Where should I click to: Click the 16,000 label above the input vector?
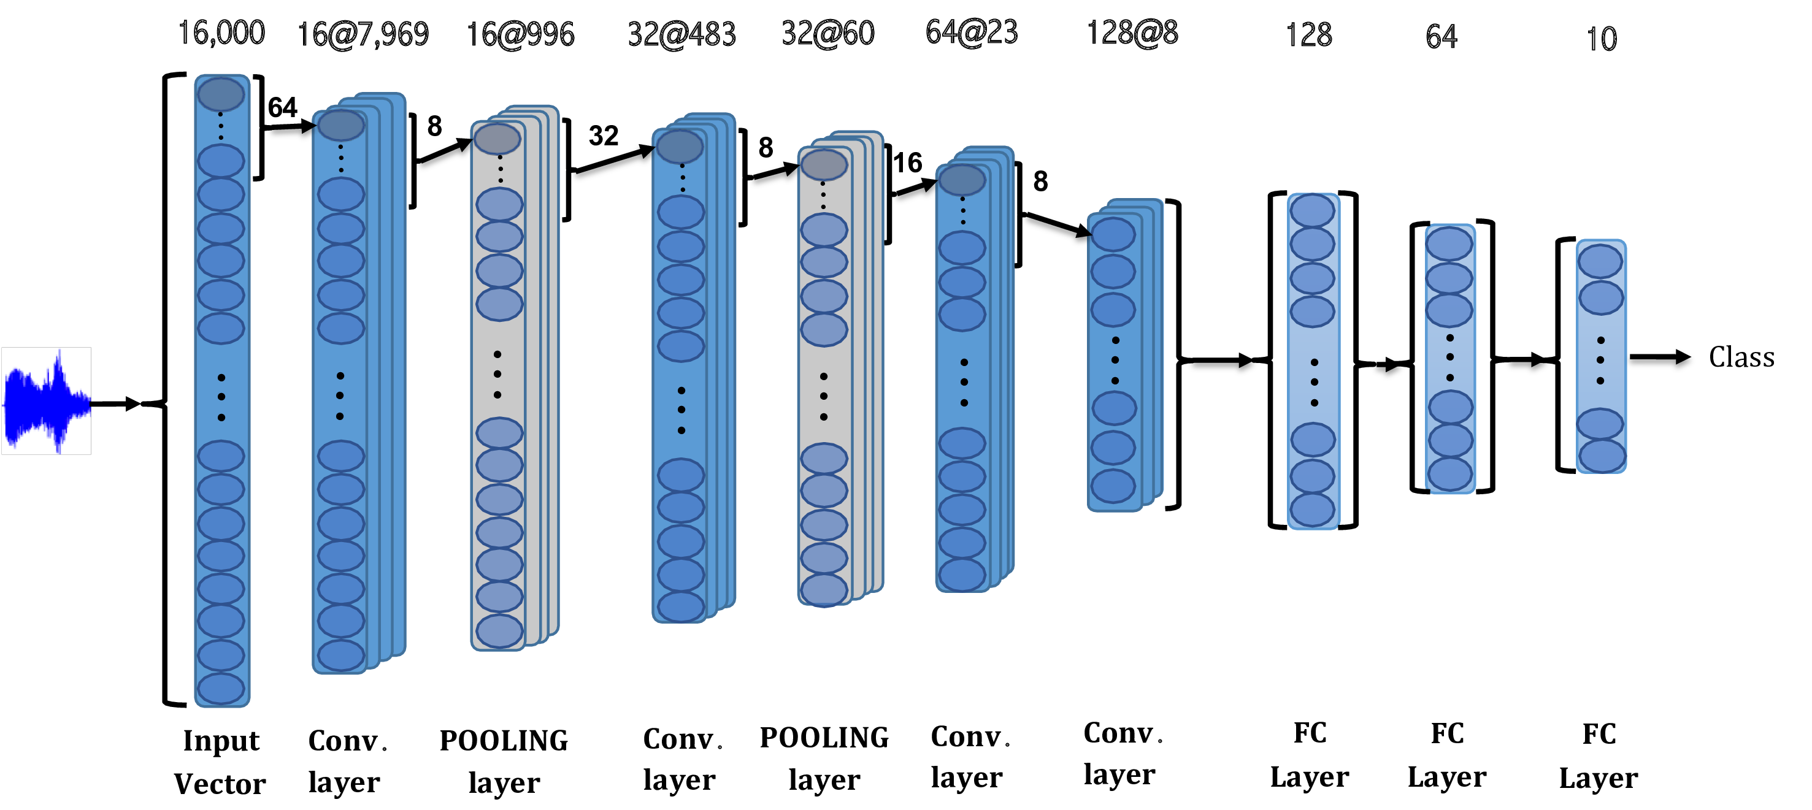coord(221,32)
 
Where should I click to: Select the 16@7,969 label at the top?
coord(363,34)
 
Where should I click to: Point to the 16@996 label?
coord(521,34)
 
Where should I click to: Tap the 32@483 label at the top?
coord(681,34)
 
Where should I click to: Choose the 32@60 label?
coord(828,33)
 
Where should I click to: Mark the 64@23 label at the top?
coord(972,32)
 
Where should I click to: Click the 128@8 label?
coord(1132,33)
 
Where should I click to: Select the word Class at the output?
coord(1741,357)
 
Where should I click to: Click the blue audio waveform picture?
coord(47,401)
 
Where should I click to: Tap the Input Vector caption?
coord(221,762)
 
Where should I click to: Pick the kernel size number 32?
coord(604,136)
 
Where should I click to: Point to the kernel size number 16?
coord(907,163)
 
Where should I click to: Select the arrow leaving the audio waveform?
coord(115,403)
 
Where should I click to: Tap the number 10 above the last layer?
coord(1602,39)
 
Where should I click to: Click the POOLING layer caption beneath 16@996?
coord(504,761)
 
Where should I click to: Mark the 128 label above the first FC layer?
coord(1308,35)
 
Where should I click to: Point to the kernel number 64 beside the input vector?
coord(283,107)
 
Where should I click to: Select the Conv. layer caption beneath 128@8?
coord(1121,753)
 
